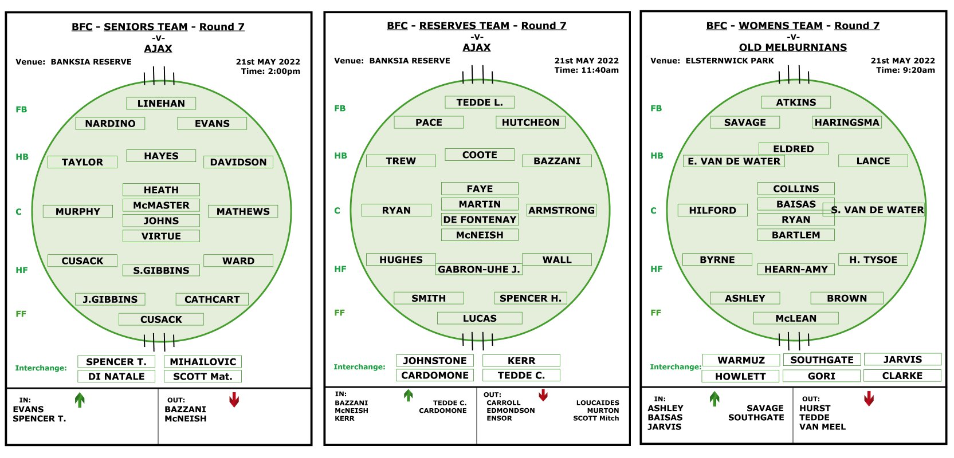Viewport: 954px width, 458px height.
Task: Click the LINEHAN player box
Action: coord(161,104)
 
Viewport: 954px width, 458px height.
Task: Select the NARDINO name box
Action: coord(110,124)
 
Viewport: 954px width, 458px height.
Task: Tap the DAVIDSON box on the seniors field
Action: coord(238,162)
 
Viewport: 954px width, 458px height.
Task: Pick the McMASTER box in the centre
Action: coord(161,205)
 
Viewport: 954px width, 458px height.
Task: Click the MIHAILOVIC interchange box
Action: coord(203,362)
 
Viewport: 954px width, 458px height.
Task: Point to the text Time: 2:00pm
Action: coord(270,71)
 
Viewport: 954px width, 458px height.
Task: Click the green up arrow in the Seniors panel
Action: coord(80,400)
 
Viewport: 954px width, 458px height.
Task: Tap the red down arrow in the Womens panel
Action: coord(869,398)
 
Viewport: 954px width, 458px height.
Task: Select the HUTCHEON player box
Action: coord(531,123)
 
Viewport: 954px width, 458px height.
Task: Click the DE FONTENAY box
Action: coord(480,220)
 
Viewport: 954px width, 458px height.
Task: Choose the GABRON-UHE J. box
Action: coord(478,270)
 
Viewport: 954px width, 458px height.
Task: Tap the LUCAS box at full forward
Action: coord(480,318)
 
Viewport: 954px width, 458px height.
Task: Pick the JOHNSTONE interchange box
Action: coord(435,361)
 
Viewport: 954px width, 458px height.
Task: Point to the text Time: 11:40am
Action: coord(587,70)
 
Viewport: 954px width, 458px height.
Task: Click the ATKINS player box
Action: coord(796,102)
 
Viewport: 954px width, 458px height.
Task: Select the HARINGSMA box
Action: coord(847,123)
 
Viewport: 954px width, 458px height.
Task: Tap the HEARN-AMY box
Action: coord(796,269)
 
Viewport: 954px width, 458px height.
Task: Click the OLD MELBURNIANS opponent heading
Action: coord(793,48)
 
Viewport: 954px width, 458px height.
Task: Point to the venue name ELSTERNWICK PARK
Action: coord(729,61)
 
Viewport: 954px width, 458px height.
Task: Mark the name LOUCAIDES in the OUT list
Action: coord(598,402)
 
